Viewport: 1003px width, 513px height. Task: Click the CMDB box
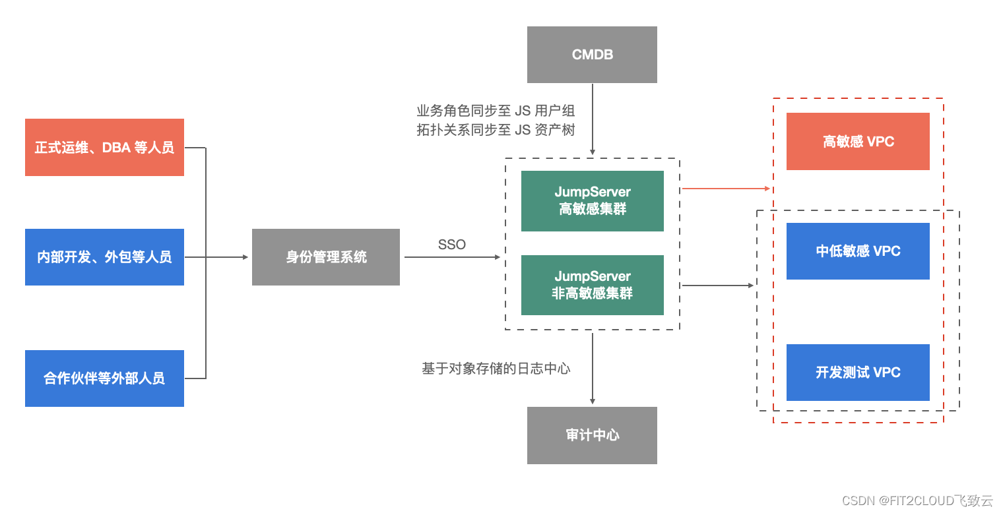tap(592, 55)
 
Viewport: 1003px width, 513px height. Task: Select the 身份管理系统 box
tap(326, 257)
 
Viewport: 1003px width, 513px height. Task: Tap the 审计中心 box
tap(592, 435)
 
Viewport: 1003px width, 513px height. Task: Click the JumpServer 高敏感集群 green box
tap(592, 201)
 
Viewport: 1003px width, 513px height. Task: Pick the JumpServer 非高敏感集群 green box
tap(592, 285)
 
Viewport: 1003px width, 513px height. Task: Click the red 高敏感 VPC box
tap(858, 142)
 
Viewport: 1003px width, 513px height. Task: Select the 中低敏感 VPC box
tap(858, 251)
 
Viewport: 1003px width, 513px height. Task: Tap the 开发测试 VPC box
tap(858, 373)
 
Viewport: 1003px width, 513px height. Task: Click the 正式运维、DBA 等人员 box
tap(104, 148)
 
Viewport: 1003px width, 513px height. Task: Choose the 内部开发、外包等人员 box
tap(104, 257)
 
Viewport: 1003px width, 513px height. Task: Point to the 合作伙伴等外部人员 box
tap(104, 378)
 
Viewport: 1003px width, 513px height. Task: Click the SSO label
tap(452, 245)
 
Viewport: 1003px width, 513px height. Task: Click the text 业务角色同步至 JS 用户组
tap(496, 111)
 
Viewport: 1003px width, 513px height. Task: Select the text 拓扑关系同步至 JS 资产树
tap(496, 130)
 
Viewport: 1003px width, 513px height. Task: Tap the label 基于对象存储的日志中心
tap(496, 369)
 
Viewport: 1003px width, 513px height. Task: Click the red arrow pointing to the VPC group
tap(726, 189)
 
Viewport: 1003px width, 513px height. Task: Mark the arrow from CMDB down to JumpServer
tap(593, 119)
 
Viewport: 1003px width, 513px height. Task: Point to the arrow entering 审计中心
tap(593, 369)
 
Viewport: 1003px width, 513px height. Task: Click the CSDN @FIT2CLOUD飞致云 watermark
tap(917, 500)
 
